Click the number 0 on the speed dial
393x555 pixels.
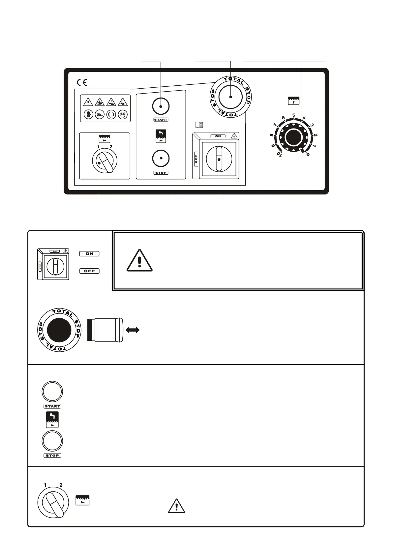308,154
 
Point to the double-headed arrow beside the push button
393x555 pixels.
133,330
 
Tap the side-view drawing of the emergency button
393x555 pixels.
105,330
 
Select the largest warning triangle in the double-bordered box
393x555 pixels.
139,261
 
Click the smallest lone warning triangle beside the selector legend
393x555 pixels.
176,506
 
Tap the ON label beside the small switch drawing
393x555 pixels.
89,254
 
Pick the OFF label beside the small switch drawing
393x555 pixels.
89,271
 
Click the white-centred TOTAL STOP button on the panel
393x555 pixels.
230,97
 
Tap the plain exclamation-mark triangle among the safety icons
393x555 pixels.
88,102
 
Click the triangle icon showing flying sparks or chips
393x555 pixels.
122,102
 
